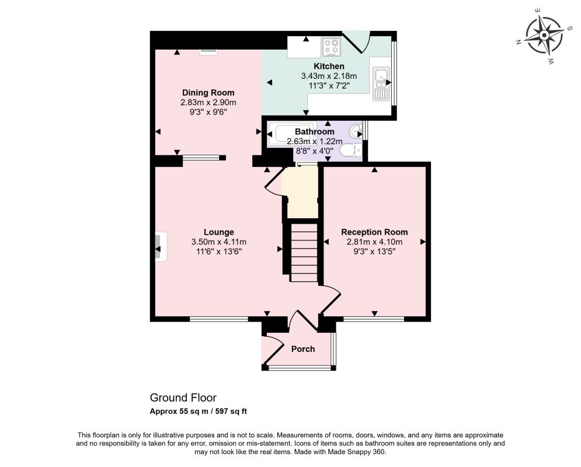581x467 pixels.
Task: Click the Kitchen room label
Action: [329, 67]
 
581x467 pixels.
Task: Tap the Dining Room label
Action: [208, 93]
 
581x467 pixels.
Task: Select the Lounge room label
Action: [218, 232]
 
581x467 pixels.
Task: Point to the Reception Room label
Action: [374, 232]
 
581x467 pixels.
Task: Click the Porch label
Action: [303, 349]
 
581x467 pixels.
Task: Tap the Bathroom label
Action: [315, 131]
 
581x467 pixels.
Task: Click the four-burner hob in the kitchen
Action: [332, 47]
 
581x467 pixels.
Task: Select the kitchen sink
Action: [381, 84]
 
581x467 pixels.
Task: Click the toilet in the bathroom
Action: [350, 151]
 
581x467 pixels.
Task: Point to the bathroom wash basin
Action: [356, 130]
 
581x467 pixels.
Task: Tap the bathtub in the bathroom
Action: [291, 134]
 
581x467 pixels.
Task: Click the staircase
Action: [304, 252]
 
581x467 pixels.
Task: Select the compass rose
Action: [544, 36]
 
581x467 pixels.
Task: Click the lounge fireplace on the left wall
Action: [160, 247]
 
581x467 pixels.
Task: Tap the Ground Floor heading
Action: [183, 398]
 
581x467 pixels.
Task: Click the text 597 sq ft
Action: [234, 411]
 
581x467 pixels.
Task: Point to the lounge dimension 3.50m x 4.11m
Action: [218, 242]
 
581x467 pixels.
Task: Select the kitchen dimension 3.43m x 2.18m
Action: [329, 76]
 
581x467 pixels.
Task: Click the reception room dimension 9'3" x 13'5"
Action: [374, 252]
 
